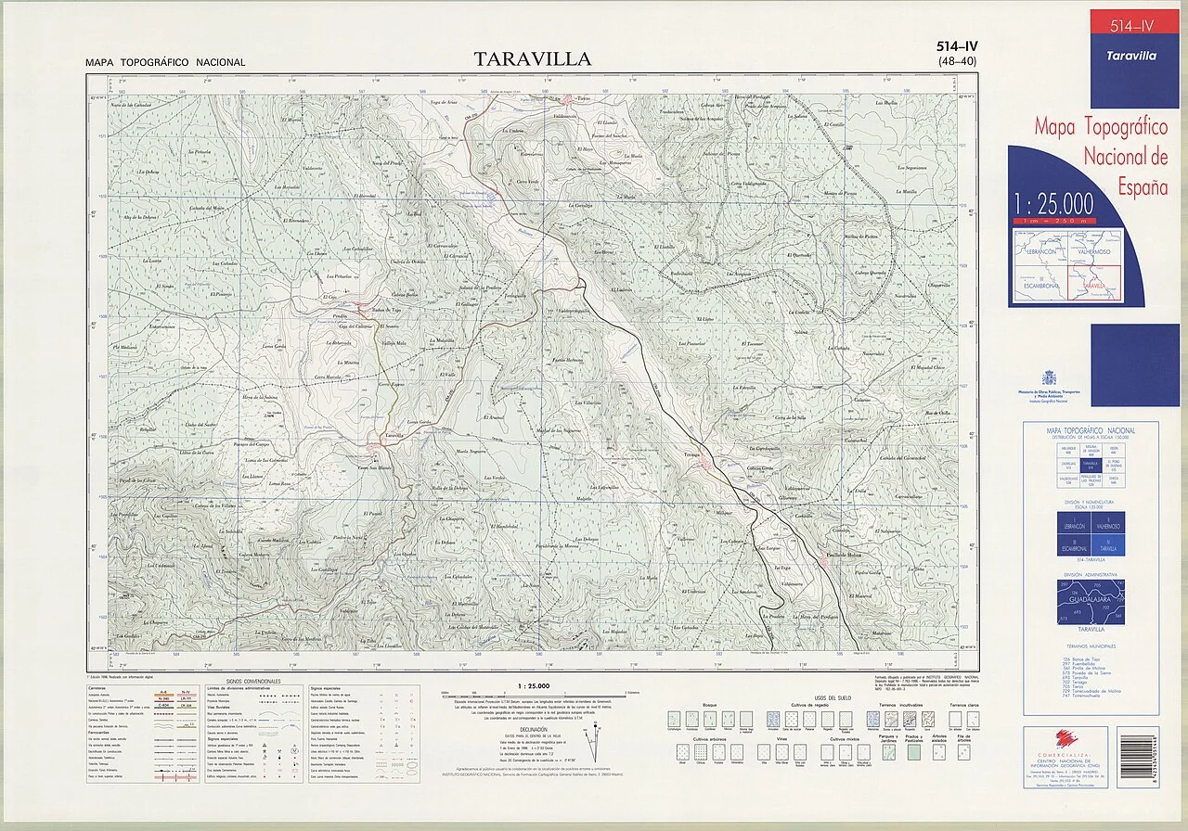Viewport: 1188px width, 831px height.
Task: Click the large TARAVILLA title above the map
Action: click(532, 59)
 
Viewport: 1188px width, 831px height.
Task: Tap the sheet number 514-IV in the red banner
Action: click(1134, 26)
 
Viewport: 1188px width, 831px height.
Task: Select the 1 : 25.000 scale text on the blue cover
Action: click(1053, 204)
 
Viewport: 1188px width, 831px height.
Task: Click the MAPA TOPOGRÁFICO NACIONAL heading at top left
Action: click(165, 63)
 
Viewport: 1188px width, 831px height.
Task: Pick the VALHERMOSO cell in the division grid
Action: click(1107, 526)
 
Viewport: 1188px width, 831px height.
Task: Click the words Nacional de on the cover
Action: click(1124, 155)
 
